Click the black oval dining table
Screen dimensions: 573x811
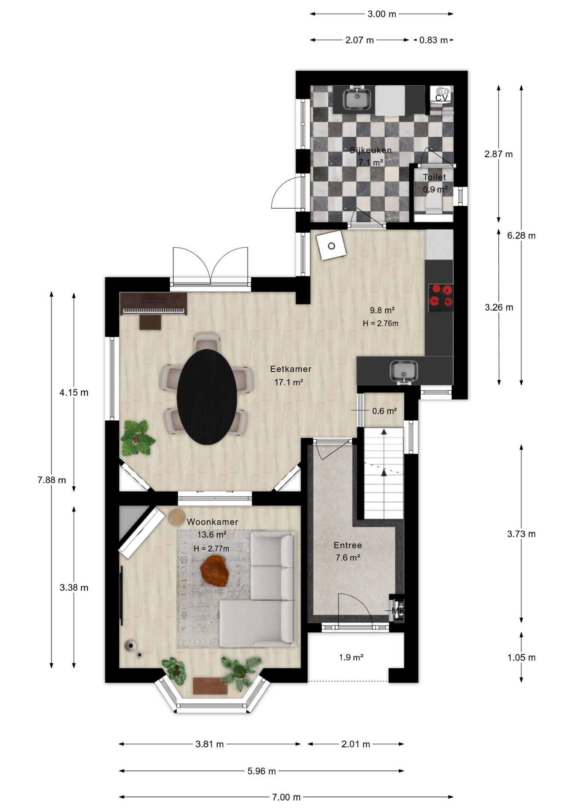207,397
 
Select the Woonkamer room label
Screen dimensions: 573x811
212,522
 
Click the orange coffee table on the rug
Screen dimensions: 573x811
214,570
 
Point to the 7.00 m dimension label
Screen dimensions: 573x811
286,797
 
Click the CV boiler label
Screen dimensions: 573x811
441,98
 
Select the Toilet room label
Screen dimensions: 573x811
434,177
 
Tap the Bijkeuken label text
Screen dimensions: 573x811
370,150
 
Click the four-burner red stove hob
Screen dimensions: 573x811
441,296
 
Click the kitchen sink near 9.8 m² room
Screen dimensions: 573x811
404,371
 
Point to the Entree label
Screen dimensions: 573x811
348,545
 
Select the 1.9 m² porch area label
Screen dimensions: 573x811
351,657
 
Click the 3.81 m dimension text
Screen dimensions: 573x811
209,744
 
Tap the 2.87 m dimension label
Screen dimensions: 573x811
499,154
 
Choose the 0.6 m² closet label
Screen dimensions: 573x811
384,411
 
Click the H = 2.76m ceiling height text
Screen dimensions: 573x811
381,324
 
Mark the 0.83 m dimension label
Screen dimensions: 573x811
433,40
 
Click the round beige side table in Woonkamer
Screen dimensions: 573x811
177,517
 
